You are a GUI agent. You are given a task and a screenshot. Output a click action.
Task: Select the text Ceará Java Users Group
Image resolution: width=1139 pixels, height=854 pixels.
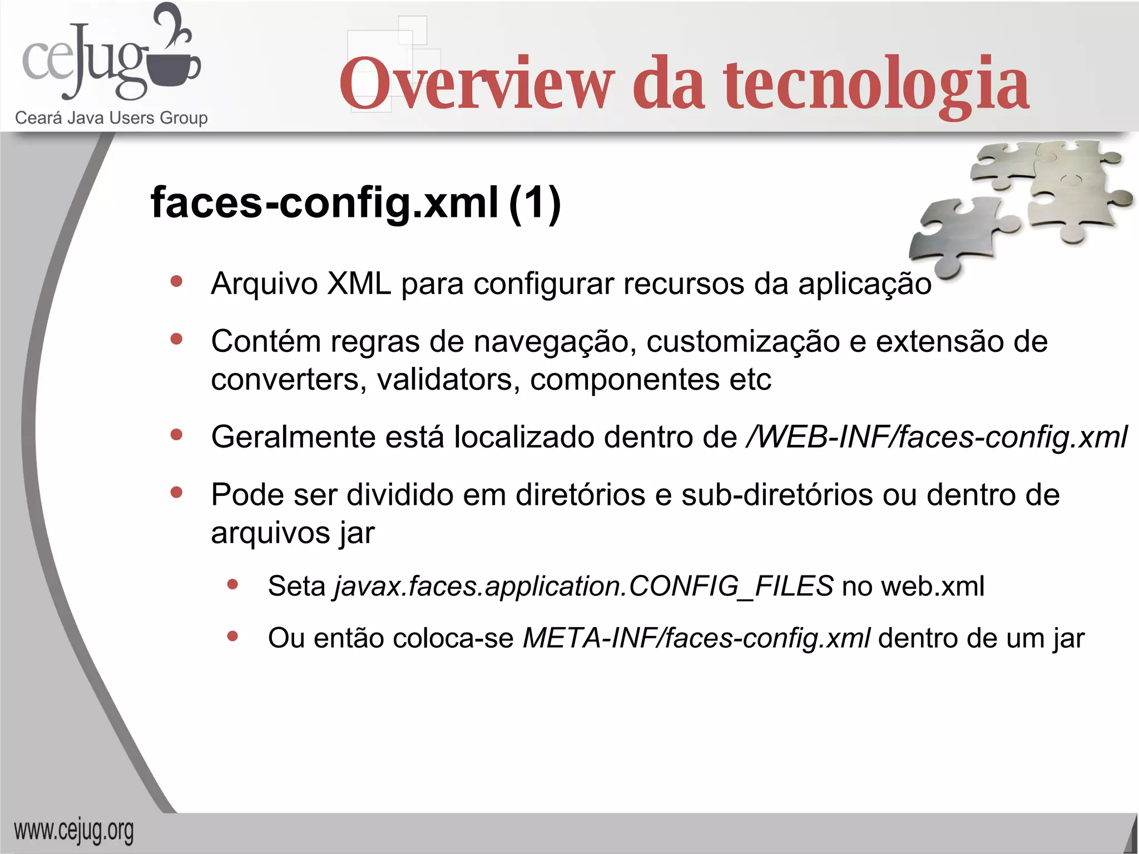click(x=111, y=118)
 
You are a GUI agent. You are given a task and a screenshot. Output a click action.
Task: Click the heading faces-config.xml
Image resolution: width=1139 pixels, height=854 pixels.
click(x=324, y=202)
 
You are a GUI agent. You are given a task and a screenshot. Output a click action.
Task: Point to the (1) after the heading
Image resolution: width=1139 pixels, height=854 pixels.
click(x=534, y=202)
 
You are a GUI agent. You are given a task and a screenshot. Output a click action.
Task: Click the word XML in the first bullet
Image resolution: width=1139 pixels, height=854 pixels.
click(x=359, y=284)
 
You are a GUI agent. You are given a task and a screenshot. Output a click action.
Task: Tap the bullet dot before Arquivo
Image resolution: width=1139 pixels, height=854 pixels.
click(x=177, y=281)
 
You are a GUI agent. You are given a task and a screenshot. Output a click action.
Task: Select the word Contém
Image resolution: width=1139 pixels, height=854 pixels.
click(x=265, y=341)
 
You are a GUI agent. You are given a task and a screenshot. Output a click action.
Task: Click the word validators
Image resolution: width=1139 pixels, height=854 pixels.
click(x=448, y=380)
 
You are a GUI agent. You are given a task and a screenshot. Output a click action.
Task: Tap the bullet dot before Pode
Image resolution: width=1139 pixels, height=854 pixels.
click(x=177, y=493)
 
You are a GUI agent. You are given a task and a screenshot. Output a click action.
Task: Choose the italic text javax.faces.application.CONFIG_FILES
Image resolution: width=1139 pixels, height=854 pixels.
click(x=583, y=586)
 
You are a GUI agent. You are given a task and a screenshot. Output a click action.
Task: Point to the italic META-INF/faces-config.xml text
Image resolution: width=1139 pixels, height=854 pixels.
click(x=696, y=638)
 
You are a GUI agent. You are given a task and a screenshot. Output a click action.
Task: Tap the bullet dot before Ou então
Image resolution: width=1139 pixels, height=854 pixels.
click(x=233, y=637)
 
